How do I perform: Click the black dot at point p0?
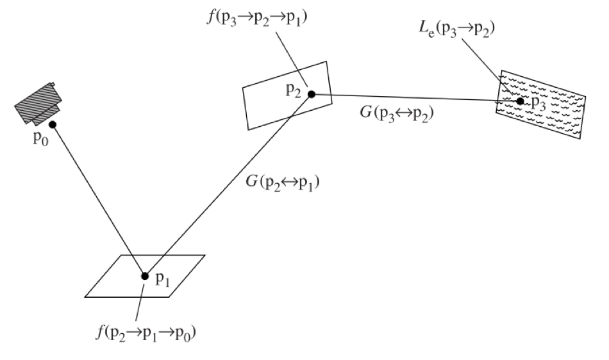point(53,124)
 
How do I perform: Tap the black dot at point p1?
point(145,276)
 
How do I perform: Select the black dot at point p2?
point(311,94)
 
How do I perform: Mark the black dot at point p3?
point(521,101)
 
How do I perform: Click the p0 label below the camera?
point(41,138)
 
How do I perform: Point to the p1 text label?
point(162,279)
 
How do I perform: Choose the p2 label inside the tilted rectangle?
point(293,91)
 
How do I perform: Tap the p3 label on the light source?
point(538,104)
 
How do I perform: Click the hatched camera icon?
point(38,104)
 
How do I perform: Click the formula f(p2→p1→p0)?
point(146,333)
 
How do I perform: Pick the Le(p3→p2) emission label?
point(456,28)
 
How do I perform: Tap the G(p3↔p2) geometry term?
point(397,113)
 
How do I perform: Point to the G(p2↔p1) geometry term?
point(282,182)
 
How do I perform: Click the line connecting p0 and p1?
point(99,200)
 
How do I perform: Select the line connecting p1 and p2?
point(228,185)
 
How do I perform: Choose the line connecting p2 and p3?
point(415,97)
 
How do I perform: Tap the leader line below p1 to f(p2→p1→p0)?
point(140,302)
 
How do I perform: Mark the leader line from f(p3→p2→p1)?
point(292,60)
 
